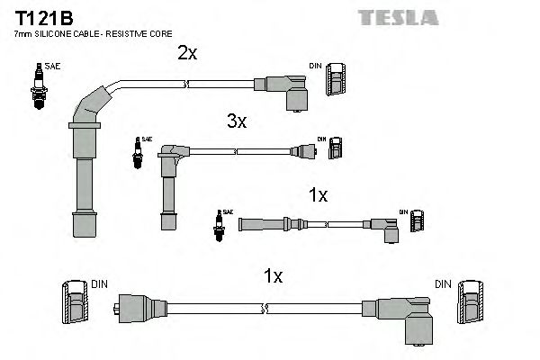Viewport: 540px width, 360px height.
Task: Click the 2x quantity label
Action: click(186, 54)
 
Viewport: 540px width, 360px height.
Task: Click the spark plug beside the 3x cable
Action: click(137, 155)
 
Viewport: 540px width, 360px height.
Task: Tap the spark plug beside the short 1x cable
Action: click(218, 224)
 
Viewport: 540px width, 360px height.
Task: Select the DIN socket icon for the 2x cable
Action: click(336, 81)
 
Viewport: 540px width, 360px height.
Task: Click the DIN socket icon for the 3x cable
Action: click(335, 148)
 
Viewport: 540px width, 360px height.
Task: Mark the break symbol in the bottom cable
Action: click(264, 310)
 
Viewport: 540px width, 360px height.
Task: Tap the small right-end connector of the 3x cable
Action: click(302, 152)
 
